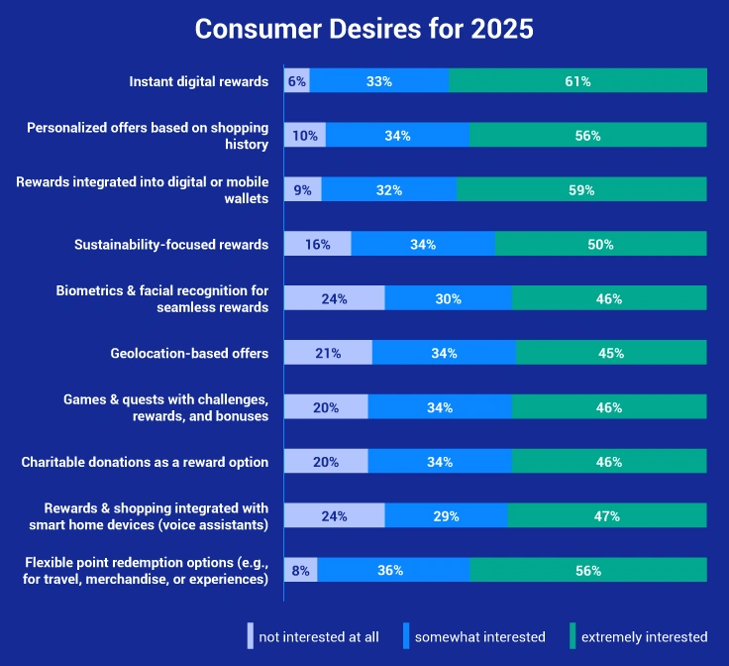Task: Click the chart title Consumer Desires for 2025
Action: point(364,29)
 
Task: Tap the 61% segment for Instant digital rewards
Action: point(578,81)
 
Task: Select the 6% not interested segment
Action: point(297,81)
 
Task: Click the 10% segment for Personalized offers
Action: point(305,136)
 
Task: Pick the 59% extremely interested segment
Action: point(582,190)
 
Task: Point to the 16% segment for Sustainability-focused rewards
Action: point(318,244)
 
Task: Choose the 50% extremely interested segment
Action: point(600,244)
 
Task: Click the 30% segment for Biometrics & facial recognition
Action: point(449,298)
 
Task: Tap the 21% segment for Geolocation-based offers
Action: point(328,353)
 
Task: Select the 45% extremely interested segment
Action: point(611,353)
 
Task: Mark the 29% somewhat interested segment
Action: point(446,515)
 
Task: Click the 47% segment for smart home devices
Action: point(607,515)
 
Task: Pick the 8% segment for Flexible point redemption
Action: point(301,570)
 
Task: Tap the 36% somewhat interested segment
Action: point(393,570)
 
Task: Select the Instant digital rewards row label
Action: point(199,81)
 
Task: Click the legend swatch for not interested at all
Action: point(251,636)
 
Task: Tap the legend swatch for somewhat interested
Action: point(406,636)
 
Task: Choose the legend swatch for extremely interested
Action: point(573,636)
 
